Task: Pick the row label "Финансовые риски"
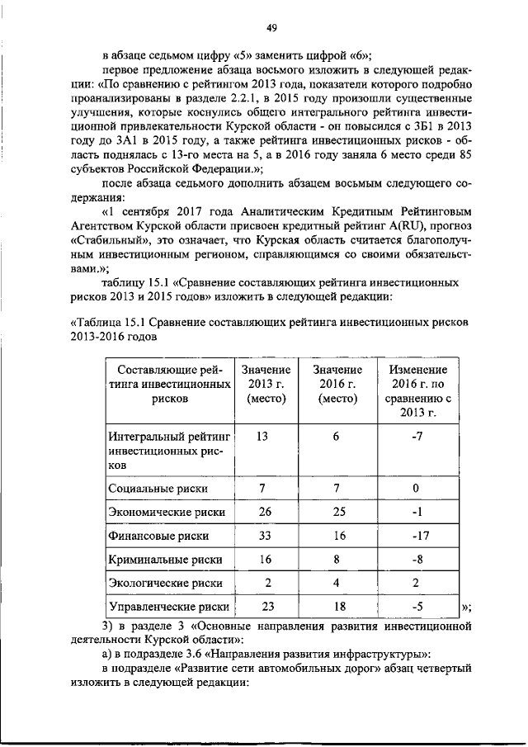point(157,536)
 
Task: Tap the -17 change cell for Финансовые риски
point(416,536)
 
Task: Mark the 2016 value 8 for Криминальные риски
point(337,560)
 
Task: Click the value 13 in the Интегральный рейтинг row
point(262,437)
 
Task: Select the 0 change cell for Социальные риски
point(416,488)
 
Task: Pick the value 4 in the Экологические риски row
point(337,584)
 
